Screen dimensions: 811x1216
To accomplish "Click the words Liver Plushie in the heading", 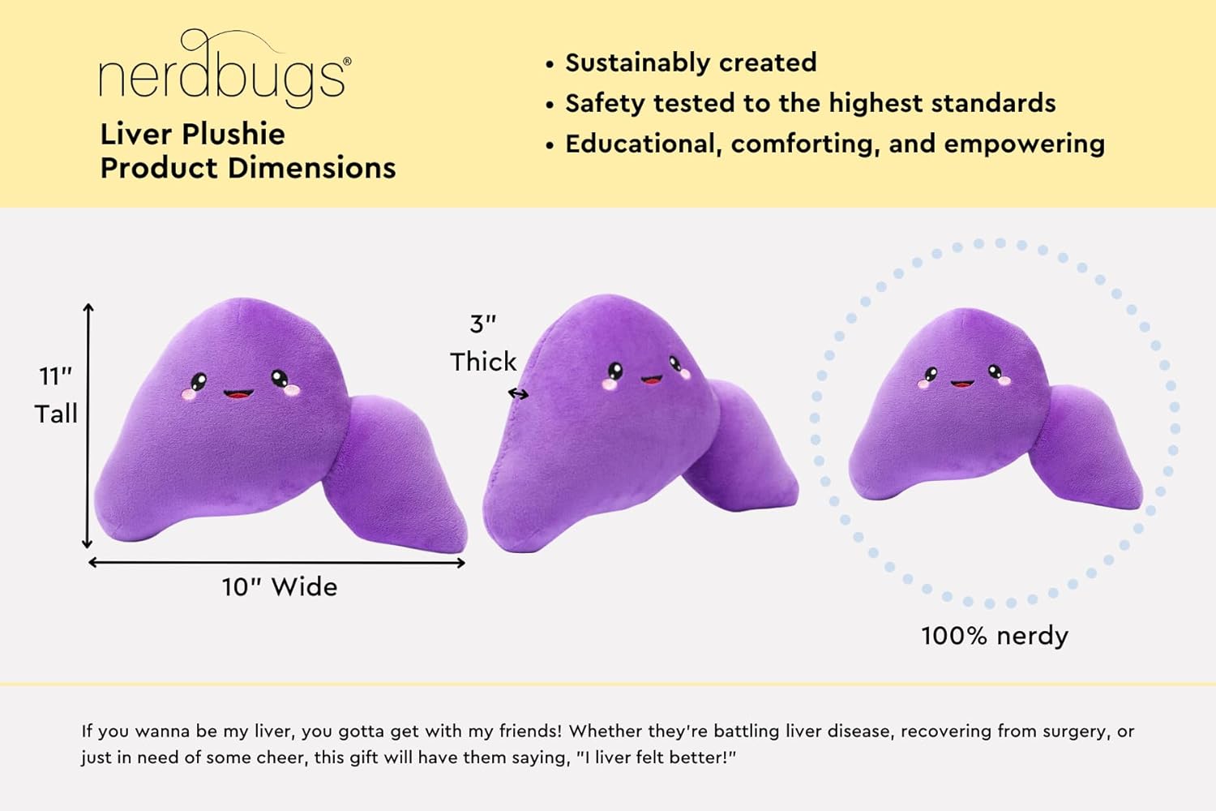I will click(x=192, y=134).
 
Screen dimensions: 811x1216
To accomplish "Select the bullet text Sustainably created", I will click(x=691, y=62).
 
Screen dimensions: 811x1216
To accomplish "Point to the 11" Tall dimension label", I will click(x=56, y=395).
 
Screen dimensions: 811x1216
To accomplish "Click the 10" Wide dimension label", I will click(x=280, y=586).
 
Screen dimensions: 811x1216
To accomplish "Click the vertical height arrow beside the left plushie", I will click(x=88, y=426).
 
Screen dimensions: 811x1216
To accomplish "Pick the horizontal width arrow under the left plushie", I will click(x=276, y=562).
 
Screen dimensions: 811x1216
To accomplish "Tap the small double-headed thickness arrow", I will click(x=518, y=394).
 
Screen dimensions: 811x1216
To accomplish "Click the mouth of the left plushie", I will click(x=238, y=394).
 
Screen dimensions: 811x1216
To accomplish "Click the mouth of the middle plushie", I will click(x=651, y=379).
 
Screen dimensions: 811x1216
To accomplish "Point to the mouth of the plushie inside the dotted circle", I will click(x=962, y=383).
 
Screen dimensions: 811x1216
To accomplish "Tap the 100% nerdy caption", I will click(x=995, y=635).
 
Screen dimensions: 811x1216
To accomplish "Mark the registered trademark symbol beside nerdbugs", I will click(x=347, y=61).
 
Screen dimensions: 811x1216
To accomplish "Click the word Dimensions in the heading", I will click(x=311, y=168).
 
